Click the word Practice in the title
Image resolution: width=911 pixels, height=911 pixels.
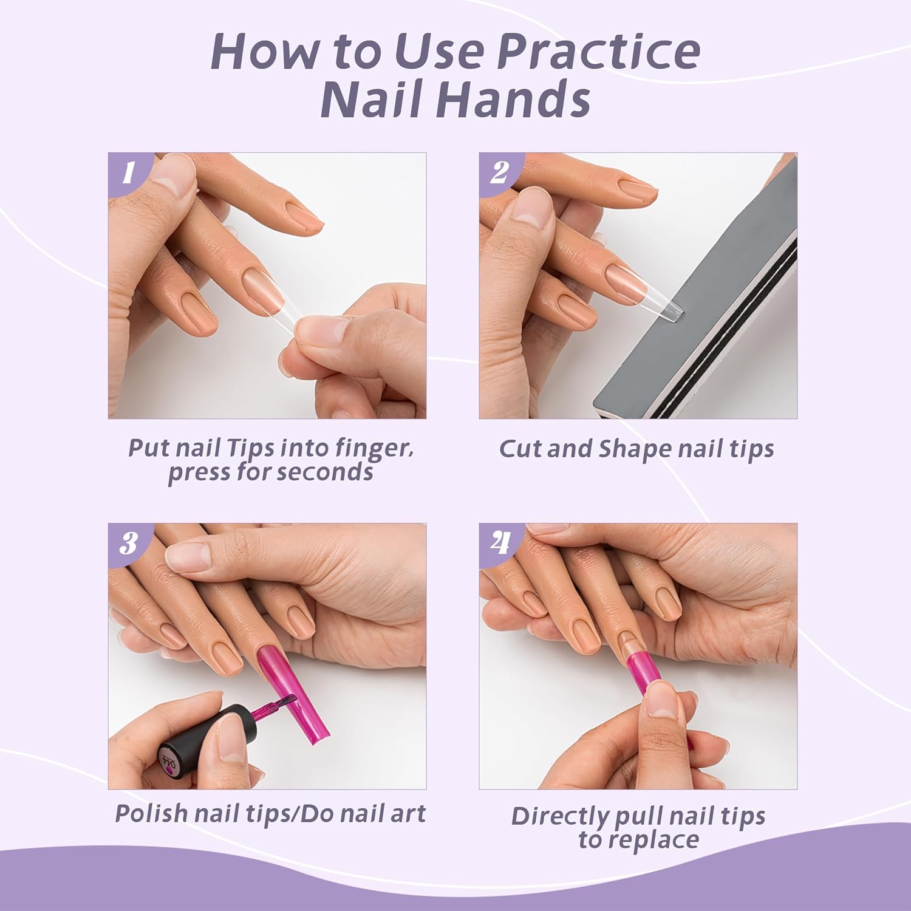click(x=598, y=52)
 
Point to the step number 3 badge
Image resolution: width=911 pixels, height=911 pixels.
click(x=128, y=543)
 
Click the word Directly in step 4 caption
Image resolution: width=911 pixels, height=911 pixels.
click(x=559, y=816)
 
